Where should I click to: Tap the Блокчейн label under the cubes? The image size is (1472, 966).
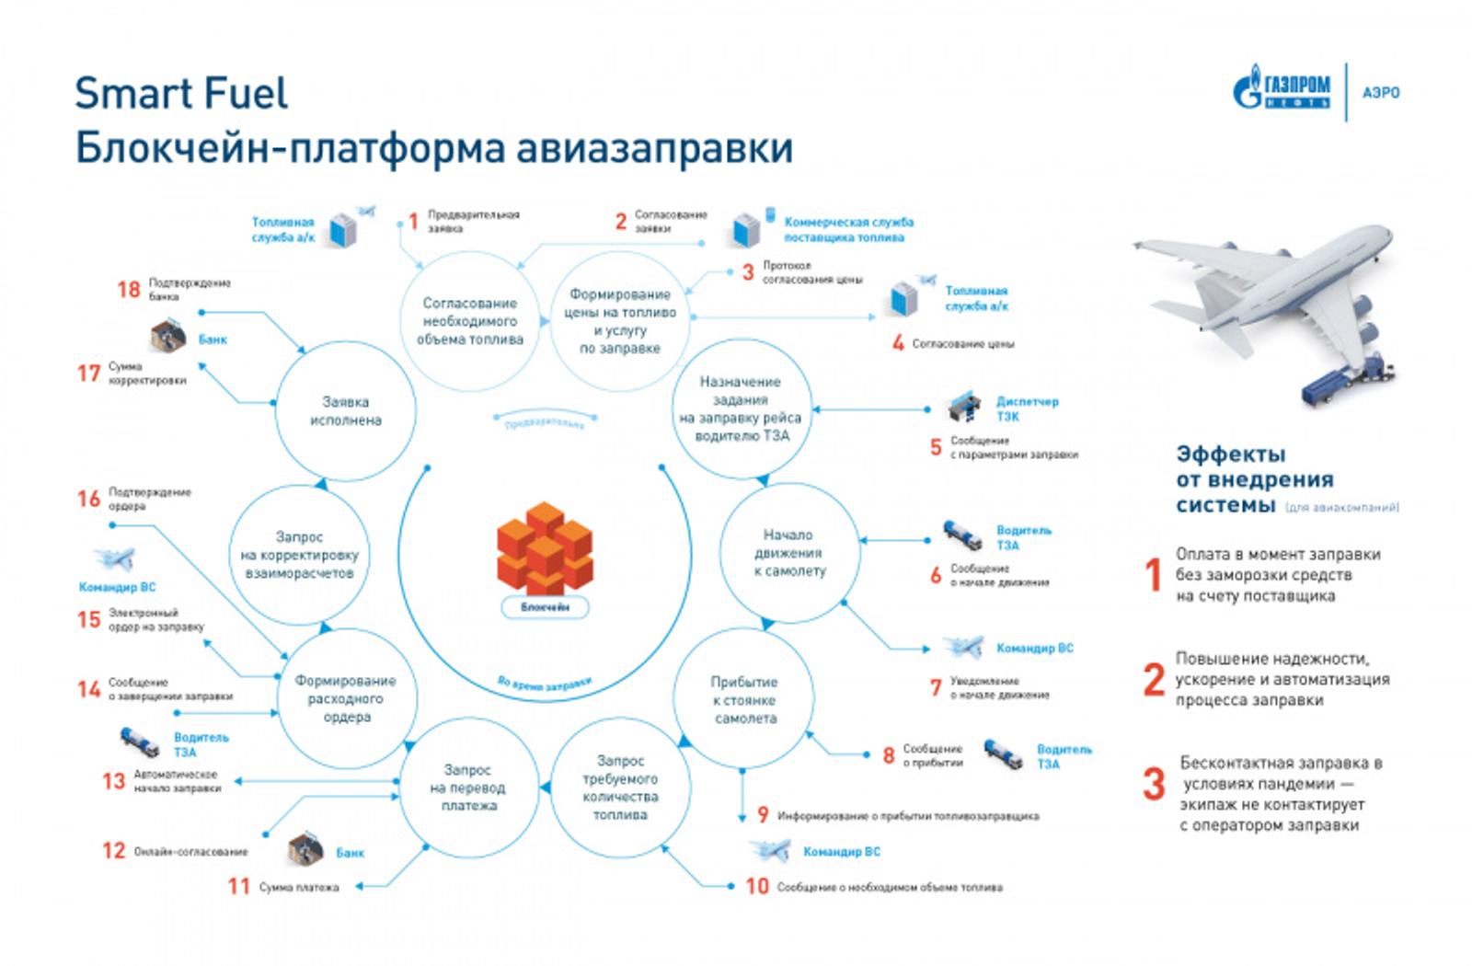(545, 607)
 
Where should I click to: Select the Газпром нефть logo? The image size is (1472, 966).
(1282, 90)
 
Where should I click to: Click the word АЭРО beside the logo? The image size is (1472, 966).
(1381, 93)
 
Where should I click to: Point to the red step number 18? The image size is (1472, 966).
(129, 290)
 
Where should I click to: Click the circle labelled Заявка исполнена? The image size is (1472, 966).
(346, 411)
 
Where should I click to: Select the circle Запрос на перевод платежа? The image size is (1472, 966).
(468, 788)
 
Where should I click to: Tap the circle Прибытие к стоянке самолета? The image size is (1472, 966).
(744, 700)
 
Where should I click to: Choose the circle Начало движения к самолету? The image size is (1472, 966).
(789, 553)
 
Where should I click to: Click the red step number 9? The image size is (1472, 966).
(763, 815)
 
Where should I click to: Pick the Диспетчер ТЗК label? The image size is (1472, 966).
(1027, 408)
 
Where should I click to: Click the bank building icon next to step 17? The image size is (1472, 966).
(168, 337)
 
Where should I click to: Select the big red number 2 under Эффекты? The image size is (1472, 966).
(1154, 680)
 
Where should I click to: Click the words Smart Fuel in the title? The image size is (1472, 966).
(181, 93)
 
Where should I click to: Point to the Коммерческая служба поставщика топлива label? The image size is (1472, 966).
(847, 229)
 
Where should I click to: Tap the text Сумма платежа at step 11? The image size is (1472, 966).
(299, 888)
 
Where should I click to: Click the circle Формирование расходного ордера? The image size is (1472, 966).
(347, 699)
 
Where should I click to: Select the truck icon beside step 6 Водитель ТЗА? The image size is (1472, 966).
(962, 535)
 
